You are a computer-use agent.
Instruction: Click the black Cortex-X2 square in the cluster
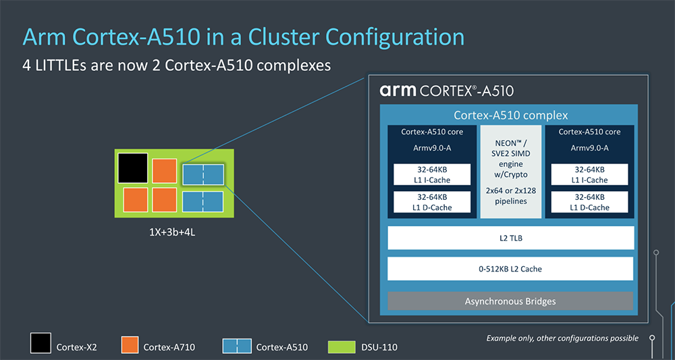coord(132,168)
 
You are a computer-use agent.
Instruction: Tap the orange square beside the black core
coord(165,171)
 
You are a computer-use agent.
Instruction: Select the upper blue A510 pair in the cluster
coord(203,174)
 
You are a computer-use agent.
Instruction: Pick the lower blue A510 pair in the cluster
coord(203,201)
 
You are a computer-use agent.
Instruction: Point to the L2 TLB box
coord(510,238)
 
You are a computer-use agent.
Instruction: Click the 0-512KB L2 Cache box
coord(510,269)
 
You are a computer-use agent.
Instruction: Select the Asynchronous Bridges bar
coord(510,301)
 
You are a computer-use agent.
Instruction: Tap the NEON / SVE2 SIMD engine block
coord(510,172)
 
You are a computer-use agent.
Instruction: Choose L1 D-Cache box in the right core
coord(590,203)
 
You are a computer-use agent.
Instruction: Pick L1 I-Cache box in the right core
coord(590,175)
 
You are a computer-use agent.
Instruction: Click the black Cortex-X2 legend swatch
coord(40,343)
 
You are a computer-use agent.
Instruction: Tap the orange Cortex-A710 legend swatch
coord(130,345)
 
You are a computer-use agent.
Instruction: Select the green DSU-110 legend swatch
coord(341,347)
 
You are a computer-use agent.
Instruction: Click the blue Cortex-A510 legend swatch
coord(236,346)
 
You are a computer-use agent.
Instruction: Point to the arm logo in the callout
coord(398,91)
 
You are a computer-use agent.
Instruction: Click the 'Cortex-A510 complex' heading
coord(511,115)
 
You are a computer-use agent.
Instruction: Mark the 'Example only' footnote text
coord(563,338)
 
